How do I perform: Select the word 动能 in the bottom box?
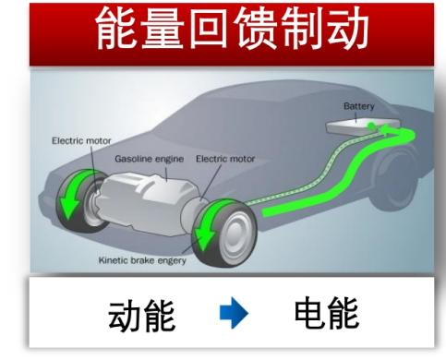(142, 317)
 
